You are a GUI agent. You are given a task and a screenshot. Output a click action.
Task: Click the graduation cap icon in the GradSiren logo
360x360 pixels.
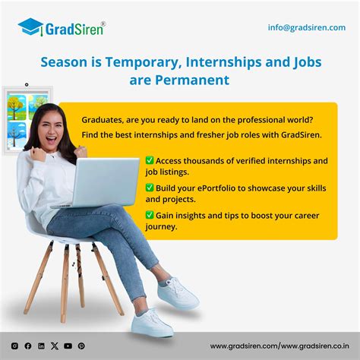coord(30,28)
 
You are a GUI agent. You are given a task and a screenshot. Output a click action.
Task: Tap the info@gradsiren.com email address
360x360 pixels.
coord(306,27)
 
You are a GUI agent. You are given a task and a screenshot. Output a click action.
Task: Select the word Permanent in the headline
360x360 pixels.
coord(191,79)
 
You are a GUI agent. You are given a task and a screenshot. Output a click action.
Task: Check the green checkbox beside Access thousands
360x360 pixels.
coord(150,161)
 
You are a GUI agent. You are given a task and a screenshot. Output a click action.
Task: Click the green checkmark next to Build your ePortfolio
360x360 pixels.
coord(150,187)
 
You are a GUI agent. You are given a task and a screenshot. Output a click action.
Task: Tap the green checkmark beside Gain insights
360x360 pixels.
coord(150,215)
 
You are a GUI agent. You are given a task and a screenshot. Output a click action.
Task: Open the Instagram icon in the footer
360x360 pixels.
coord(14,346)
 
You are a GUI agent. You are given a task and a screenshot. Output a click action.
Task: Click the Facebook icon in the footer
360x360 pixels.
coord(28,346)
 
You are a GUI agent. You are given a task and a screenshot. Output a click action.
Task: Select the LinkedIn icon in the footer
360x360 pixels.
coord(41,346)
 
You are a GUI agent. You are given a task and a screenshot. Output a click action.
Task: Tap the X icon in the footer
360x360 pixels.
coord(55,346)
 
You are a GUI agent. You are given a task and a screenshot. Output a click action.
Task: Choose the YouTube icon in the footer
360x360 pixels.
coord(68,346)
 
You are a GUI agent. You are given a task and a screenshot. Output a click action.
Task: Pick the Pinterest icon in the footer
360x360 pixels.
coord(81,346)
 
